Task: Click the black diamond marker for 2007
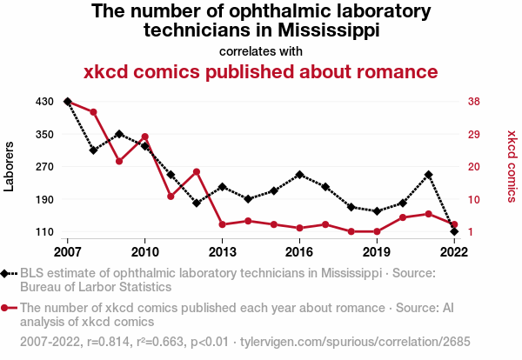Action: tap(67, 102)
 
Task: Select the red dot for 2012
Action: tap(197, 171)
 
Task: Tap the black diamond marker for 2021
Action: tap(428, 175)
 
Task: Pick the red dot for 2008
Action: tap(93, 112)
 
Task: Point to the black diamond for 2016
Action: tap(299, 175)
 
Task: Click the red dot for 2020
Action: tap(403, 217)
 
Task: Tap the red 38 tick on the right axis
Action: tap(474, 102)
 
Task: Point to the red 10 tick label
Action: tap(474, 199)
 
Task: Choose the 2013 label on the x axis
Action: tap(222, 252)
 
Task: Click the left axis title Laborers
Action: tap(10, 166)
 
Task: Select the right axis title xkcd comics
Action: tap(512, 166)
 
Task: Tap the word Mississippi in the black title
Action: tap(323, 30)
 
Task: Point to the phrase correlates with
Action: tap(260, 50)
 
